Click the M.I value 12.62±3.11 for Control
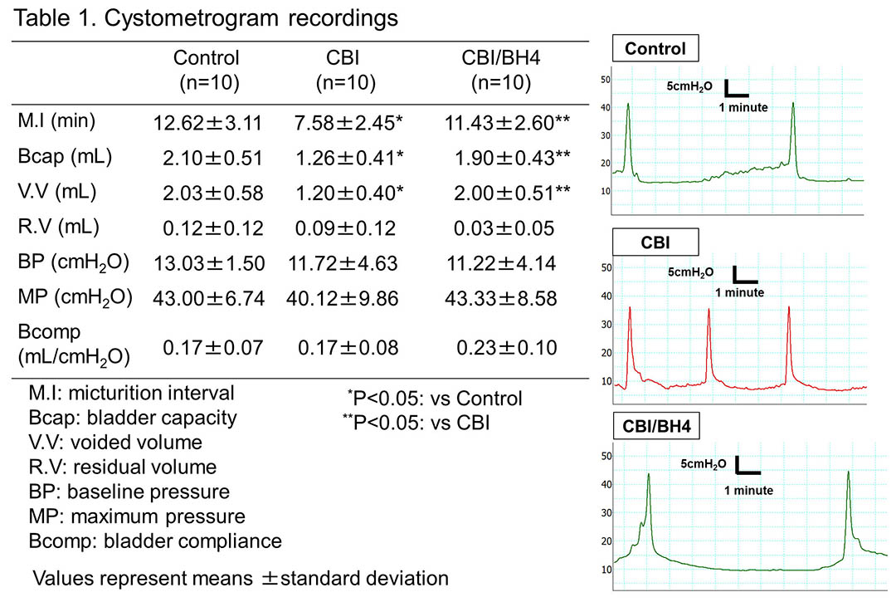pyautogui.click(x=207, y=123)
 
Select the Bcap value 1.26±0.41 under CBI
pyautogui.click(x=349, y=159)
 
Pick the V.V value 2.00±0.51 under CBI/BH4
pyautogui.click(x=512, y=193)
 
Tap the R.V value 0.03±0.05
pyautogui.click(x=504, y=228)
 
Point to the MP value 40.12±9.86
pyautogui.click(x=343, y=298)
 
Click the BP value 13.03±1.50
pyautogui.click(x=209, y=263)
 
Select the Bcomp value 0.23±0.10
pyautogui.click(x=507, y=348)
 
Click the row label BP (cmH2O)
pyautogui.click(x=74, y=262)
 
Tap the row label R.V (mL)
pyautogui.click(x=58, y=227)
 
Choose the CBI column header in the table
pyautogui.click(x=345, y=70)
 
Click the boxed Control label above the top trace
pyautogui.click(x=655, y=49)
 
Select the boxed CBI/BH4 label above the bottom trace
pyautogui.click(x=656, y=427)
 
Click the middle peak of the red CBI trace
pyautogui.click(x=709, y=310)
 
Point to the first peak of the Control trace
pyautogui.click(x=628, y=105)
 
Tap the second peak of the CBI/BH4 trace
pyautogui.click(x=848, y=472)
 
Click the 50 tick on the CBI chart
pyautogui.click(x=606, y=267)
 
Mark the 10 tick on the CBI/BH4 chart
pyautogui.click(x=606, y=570)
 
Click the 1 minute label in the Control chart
pyautogui.click(x=743, y=107)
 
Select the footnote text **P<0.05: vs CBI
pyautogui.click(x=416, y=423)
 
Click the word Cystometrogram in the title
pyautogui.click(x=192, y=19)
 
